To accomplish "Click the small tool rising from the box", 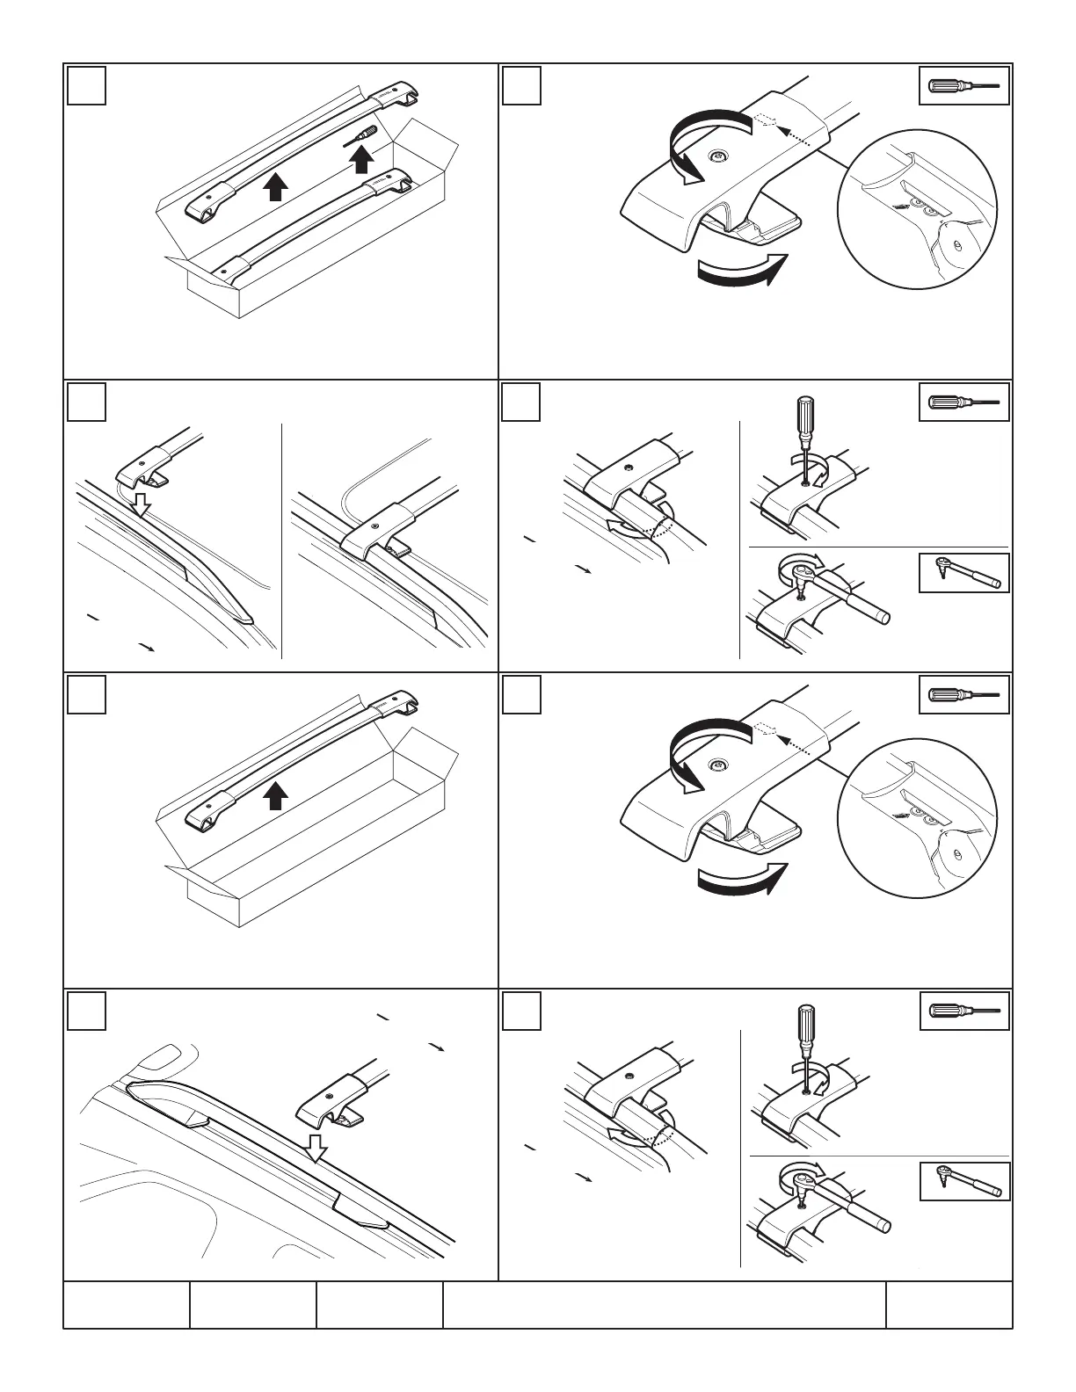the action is pos(365,135).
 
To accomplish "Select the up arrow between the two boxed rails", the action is pos(275,187).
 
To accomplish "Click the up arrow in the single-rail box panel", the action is pos(275,796).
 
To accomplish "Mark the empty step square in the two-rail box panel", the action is pos(87,85).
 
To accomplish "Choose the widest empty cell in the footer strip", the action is pos(664,1304).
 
